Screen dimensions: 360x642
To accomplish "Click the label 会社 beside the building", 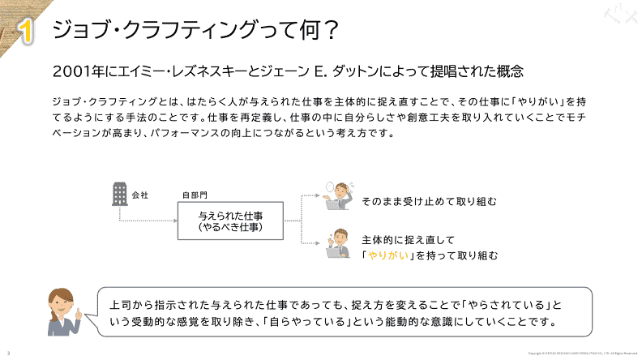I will point(139,195).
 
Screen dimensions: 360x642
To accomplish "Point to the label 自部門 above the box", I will point(195,195).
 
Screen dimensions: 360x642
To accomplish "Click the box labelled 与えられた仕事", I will point(230,220).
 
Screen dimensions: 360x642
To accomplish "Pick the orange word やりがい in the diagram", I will point(387,255).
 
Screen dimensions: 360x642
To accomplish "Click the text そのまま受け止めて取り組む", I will point(429,200).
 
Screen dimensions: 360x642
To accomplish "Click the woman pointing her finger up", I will point(64,312).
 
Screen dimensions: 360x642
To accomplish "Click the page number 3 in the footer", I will point(8,354).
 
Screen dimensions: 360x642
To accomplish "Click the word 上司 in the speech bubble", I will point(120,306).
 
